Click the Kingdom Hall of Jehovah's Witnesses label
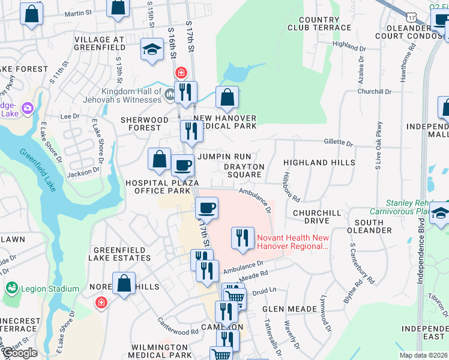(132, 95)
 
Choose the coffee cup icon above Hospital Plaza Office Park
(182, 164)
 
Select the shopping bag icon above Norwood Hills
(124, 283)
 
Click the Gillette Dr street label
(339, 143)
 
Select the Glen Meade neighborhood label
(289, 309)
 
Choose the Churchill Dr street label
(373, 92)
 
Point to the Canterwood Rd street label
(178, 331)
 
